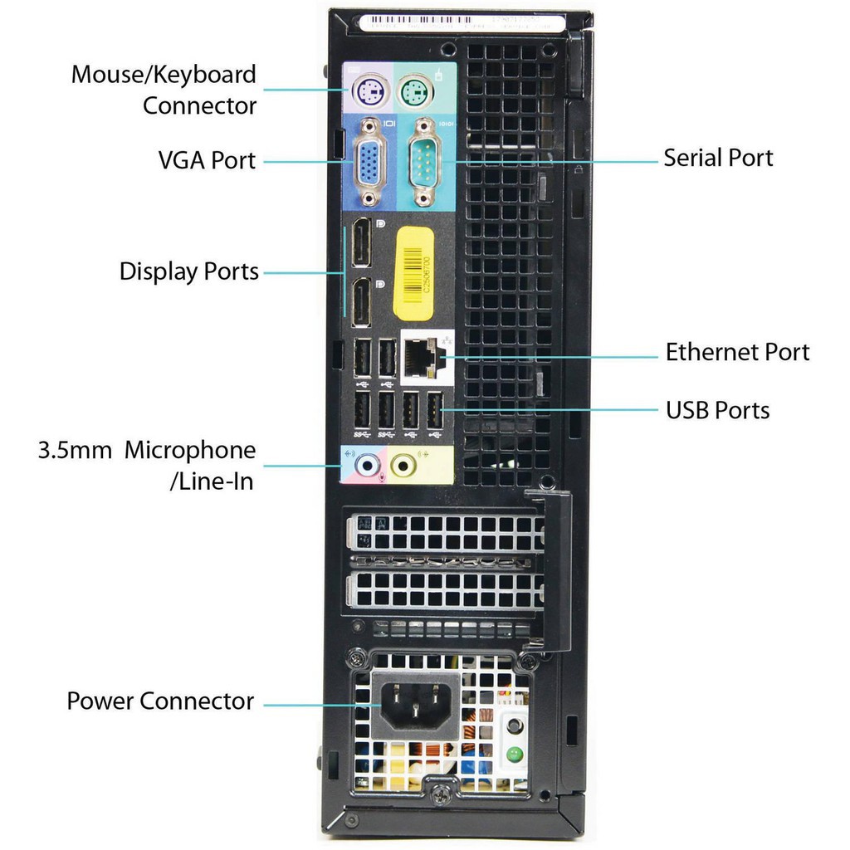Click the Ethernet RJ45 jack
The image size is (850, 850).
(423, 357)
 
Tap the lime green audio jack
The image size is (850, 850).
(403, 467)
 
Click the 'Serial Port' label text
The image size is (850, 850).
(718, 158)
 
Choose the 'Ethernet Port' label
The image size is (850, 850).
(737, 352)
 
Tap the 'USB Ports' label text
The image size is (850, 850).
(717, 410)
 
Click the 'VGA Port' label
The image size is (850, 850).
(207, 159)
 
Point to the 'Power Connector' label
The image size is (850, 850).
(160, 701)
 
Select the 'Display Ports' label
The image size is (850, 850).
(189, 271)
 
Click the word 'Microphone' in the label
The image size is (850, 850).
(190, 451)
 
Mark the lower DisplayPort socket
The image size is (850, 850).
(362, 303)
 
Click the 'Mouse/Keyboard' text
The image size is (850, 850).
(164, 75)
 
